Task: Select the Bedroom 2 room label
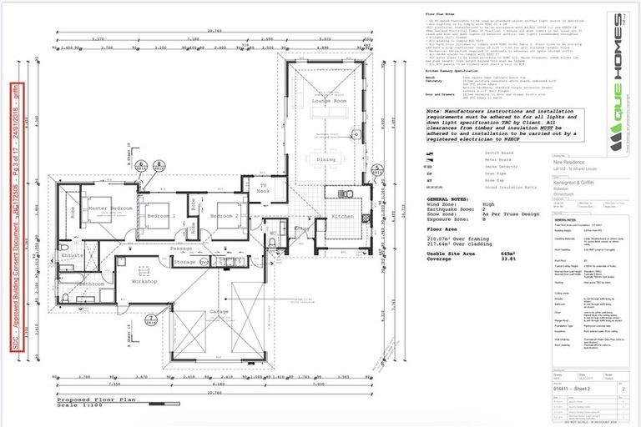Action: pyautogui.click(x=225, y=216)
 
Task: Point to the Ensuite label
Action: pyautogui.click(x=72, y=255)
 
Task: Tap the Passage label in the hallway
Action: pyautogui.click(x=181, y=248)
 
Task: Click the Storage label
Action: pyautogui.click(x=185, y=262)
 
